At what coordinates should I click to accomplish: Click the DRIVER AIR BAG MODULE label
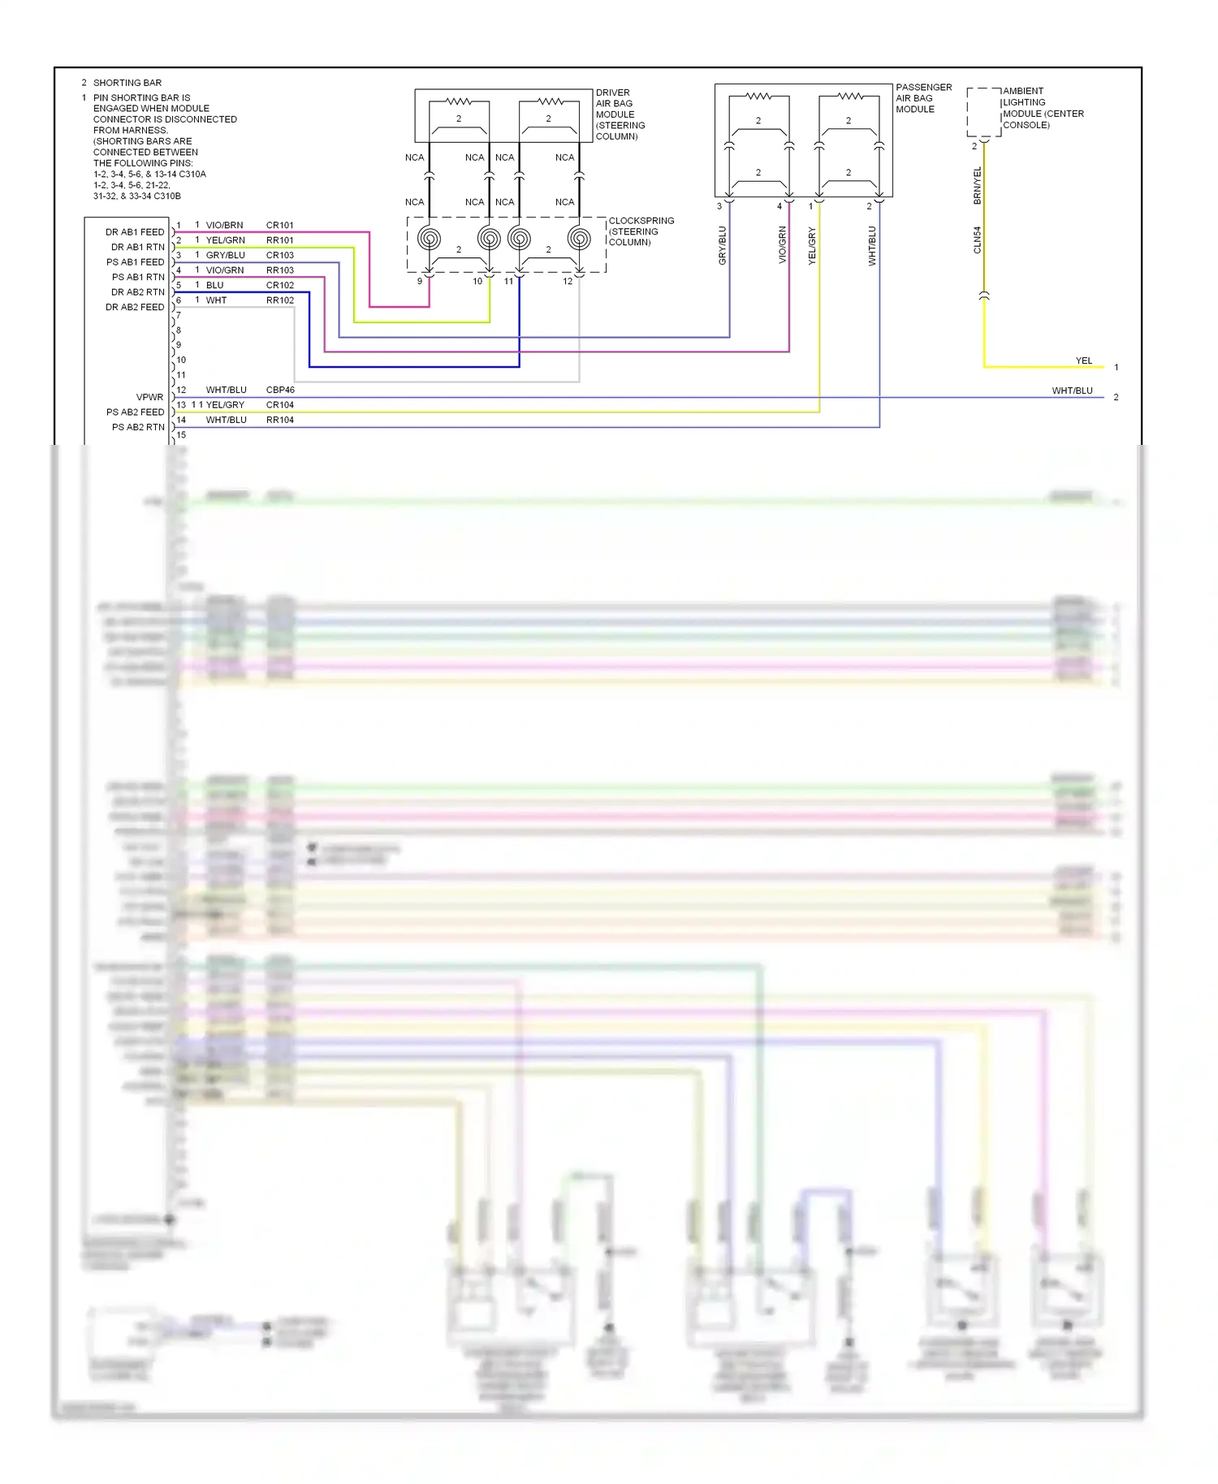click(620, 114)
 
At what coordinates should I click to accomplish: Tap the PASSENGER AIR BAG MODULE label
click(923, 98)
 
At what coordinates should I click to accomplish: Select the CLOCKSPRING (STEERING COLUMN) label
click(641, 231)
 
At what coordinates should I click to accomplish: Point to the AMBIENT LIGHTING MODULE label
click(1043, 108)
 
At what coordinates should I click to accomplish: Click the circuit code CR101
click(279, 225)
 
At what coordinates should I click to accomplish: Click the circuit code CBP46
click(280, 390)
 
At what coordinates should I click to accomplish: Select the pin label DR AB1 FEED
click(135, 232)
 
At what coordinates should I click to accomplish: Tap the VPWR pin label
click(149, 397)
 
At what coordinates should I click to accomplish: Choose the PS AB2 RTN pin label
click(138, 427)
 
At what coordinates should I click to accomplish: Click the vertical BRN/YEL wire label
click(978, 185)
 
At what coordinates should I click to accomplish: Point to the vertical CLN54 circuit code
click(978, 239)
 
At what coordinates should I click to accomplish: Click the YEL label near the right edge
click(1083, 360)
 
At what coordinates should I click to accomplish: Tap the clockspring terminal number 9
click(420, 282)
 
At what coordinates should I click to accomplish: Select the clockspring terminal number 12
click(567, 282)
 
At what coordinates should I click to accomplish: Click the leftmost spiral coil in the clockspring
click(430, 239)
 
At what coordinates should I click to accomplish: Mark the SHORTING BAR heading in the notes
click(127, 83)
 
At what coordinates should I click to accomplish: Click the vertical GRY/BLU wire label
click(723, 245)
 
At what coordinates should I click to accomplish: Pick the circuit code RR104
click(279, 420)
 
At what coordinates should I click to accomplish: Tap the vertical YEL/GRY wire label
click(812, 245)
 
